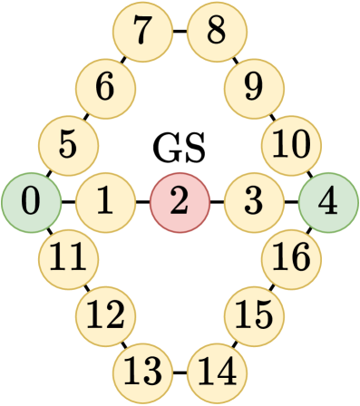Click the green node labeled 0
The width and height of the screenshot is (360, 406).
[x=30, y=201]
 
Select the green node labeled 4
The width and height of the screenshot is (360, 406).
[x=328, y=201]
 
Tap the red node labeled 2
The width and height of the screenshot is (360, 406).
[x=180, y=201]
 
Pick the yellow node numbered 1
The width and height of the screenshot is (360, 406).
[x=105, y=201]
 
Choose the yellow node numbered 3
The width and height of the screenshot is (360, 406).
[x=253, y=201]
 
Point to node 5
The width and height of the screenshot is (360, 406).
[x=68, y=144]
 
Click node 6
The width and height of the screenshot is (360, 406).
[x=105, y=89]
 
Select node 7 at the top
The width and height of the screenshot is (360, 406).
[x=142, y=32]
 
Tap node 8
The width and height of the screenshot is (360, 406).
[x=216, y=32]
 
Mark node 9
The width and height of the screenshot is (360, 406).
[x=254, y=89]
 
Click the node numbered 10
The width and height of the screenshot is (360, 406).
[x=290, y=144]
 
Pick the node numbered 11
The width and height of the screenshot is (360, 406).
[x=68, y=259]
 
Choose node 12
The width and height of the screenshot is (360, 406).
[x=105, y=315]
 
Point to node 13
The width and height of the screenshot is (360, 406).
[x=142, y=372]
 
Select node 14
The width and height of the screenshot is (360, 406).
[x=216, y=372]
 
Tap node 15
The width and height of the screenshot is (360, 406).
[x=254, y=315]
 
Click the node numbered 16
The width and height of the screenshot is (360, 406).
[x=290, y=259]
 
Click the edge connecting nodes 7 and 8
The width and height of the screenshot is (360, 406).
[x=180, y=32]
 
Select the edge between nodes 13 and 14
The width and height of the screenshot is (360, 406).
[x=180, y=372]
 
